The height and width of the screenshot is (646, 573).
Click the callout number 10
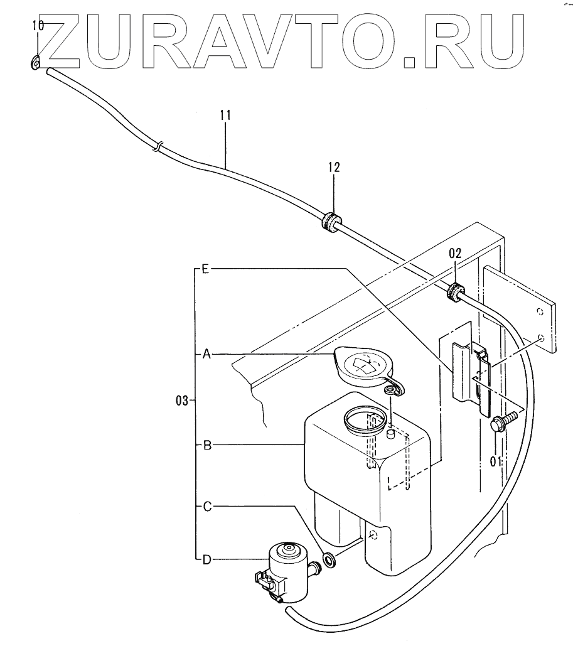point(38,26)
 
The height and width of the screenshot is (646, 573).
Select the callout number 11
point(226,115)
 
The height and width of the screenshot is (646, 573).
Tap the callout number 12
point(333,167)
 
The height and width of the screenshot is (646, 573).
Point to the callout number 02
point(455,254)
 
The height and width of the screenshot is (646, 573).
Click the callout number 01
point(495,462)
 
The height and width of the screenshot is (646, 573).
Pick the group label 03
point(182,401)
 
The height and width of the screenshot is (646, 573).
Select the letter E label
point(205,269)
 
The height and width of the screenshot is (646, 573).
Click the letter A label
point(205,355)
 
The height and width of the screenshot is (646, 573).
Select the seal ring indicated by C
point(328,558)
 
